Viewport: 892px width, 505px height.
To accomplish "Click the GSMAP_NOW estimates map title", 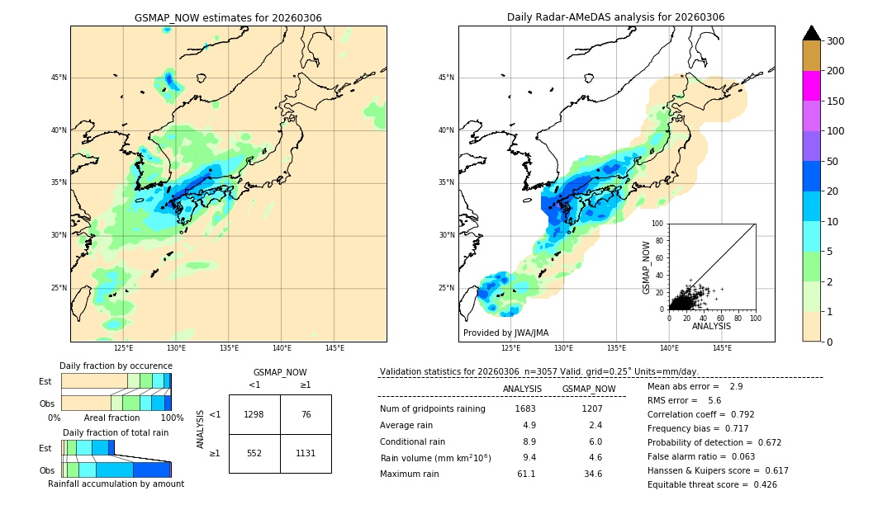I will (x=228, y=18).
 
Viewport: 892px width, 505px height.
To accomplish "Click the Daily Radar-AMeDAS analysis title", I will (x=615, y=18).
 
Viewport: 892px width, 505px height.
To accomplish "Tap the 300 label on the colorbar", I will (x=836, y=41).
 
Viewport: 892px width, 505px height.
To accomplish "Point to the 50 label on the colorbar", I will (x=833, y=162).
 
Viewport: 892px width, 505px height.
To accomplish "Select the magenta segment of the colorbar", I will (x=811, y=86).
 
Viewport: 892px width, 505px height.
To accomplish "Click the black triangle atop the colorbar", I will (x=811, y=33).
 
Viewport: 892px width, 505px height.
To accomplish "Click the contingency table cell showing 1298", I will (x=254, y=414).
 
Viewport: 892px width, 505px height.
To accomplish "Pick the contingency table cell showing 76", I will (x=306, y=414).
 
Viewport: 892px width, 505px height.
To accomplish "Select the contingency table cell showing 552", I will (x=254, y=453).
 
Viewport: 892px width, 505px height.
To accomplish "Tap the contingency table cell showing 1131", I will (x=306, y=453).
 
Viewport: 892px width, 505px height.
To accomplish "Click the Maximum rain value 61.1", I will (x=525, y=474).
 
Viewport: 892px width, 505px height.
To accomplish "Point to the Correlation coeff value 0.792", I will (x=738, y=415).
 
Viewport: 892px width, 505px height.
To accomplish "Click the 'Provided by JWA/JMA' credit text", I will (x=505, y=333).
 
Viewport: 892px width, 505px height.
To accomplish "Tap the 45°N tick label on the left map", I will (x=59, y=78).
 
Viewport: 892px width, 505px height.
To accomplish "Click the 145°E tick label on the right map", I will (x=722, y=348).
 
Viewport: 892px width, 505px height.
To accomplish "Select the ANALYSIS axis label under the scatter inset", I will (x=711, y=326).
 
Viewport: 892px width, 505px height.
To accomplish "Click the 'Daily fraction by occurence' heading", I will (x=116, y=366).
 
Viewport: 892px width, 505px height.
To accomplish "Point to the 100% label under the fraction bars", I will (x=172, y=418).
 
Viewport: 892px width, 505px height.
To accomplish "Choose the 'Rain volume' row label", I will (x=435, y=458).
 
